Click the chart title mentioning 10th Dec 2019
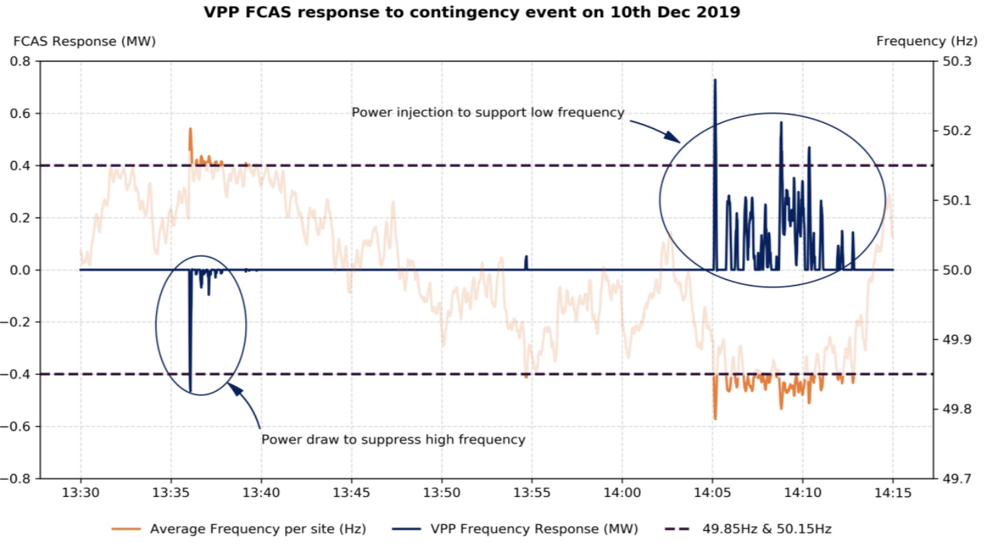pos(471,12)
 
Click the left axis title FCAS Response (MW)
pos(85,41)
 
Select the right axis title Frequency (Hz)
pos(926,41)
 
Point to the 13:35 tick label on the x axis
pos(171,493)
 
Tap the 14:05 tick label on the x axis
pos(712,493)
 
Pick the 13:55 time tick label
pos(532,493)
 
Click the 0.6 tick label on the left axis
pos(20,113)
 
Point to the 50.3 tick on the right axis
pos(956,61)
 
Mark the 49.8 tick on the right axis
pos(956,409)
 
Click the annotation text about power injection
pos(488,112)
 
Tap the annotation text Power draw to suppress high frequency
pos(393,439)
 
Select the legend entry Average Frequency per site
pos(258,529)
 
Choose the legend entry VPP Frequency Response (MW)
pos(534,529)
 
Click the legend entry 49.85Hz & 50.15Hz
pos(767,529)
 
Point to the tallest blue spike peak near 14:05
pos(715,81)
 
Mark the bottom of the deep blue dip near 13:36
pos(190,391)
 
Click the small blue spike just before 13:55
pos(526,257)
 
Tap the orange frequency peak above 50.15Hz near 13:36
pos(190,129)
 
